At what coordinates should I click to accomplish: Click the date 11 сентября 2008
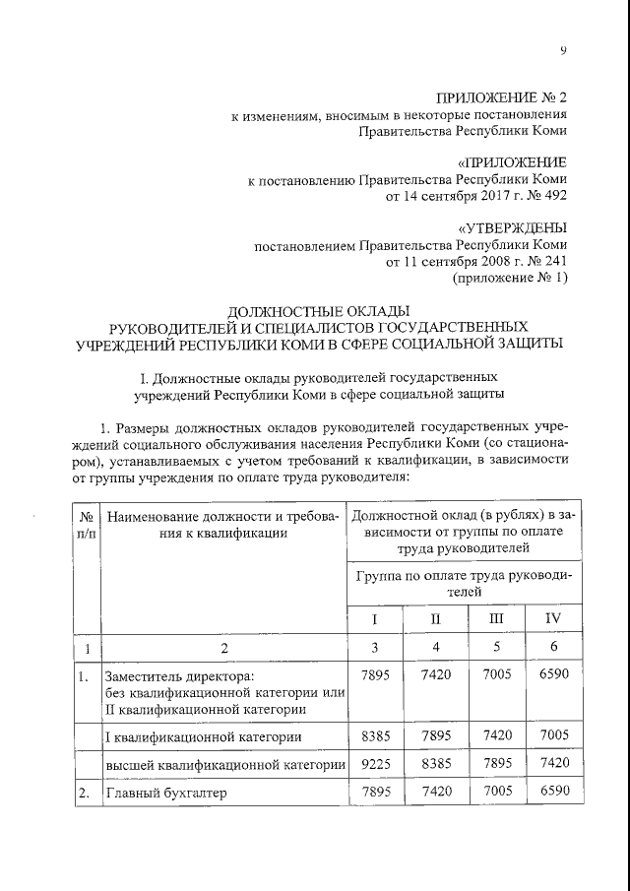(x=441, y=263)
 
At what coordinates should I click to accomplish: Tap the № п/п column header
(x=87, y=525)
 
